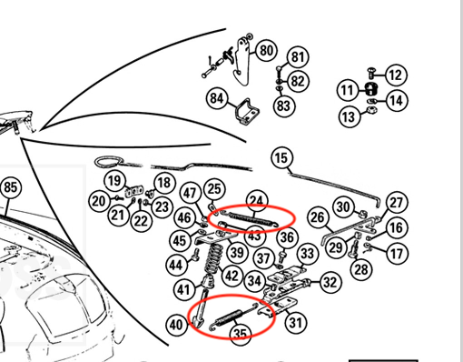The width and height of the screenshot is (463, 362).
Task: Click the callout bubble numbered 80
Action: (x=267, y=51)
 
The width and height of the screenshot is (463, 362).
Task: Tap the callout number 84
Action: (x=217, y=98)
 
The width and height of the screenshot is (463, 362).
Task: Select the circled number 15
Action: (x=282, y=157)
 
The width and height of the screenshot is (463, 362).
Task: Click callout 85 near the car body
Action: (x=11, y=187)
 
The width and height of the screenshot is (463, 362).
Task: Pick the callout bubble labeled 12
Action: (x=396, y=75)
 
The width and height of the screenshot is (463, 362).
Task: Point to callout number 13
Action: (x=350, y=116)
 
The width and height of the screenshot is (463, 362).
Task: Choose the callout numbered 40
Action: (x=176, y=325)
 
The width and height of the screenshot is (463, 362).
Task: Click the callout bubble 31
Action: (x=295, y=322)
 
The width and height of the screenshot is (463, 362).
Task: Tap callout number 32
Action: (x=330, y=282)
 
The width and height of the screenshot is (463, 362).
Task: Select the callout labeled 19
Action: (x=114, y=181)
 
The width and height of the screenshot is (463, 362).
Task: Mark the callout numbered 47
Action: (x=190, y=193)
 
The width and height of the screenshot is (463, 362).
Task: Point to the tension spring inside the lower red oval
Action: (x=233, y=317)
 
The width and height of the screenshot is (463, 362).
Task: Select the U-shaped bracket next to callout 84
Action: (x=247, y=112)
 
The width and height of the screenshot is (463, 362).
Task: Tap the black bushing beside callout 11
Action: (x=369, y=88)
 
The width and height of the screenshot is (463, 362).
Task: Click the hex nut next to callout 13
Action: (x=370, y=109)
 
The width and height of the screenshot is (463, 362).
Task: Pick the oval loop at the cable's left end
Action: (x=109, y=162)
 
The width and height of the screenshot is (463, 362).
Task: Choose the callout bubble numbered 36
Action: (x=287, y=237)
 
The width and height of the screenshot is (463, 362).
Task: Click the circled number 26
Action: (x=318, y=217)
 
